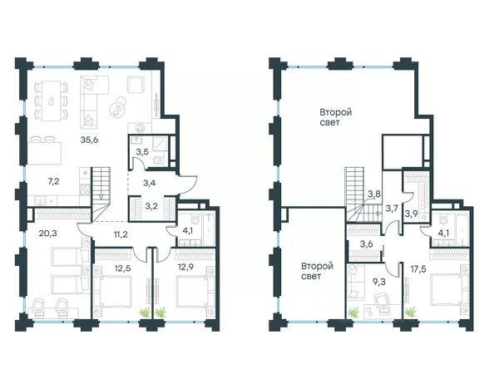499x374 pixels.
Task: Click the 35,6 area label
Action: point(89,140)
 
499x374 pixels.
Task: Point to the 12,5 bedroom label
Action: point(123,268)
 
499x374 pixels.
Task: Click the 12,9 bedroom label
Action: point(185,267)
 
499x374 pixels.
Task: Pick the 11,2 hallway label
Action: point(121,235)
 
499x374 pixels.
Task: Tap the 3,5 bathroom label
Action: point(142,152)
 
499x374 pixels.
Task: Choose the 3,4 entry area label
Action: point(149,183)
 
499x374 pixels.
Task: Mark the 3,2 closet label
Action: point(151,206)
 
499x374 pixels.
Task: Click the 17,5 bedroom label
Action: point(418,269)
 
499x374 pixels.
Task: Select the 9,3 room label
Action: point(378,282)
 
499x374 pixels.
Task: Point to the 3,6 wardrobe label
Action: point(366,244)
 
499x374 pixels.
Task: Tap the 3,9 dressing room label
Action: point(411,214)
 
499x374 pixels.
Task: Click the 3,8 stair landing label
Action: point(374,194)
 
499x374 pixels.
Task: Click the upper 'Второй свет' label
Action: point(335,117)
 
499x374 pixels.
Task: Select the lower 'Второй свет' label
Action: point(317,271)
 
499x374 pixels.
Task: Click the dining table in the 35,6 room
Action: point(52,101)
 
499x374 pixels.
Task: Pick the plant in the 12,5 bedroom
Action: point(145,312)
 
